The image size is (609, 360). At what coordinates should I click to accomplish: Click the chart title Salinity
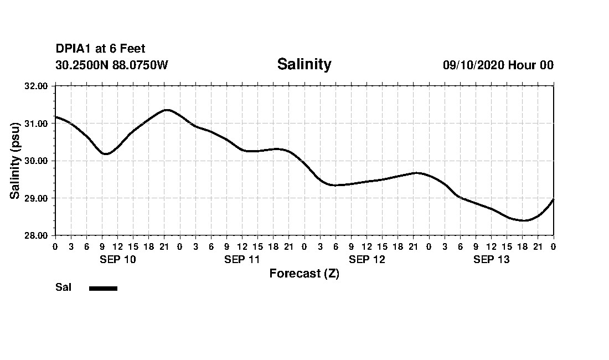304,64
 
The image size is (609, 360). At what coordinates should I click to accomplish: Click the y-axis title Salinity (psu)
16,161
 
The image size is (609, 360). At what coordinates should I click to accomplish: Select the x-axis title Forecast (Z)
304,274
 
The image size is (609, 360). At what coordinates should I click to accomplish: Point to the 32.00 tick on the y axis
37,86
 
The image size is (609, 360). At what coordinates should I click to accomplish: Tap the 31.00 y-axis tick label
37,124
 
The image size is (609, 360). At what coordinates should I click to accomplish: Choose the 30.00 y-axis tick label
37,161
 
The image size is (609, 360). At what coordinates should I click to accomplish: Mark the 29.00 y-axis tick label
37,198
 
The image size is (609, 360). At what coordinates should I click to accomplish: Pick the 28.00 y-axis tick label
37,235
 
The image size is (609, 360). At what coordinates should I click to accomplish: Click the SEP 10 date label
117,260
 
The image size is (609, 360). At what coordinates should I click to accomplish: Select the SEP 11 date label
242,260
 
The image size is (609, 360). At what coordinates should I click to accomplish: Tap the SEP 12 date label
367,260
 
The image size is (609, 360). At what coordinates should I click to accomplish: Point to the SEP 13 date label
491,260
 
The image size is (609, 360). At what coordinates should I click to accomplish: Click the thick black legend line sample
103,288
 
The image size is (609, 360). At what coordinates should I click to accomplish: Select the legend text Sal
63,287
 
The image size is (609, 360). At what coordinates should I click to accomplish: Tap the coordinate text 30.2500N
82,65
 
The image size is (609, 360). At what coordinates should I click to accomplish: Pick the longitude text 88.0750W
140,65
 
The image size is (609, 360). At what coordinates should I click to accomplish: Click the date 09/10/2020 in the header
473,65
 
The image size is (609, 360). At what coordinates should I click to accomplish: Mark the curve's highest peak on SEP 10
167,110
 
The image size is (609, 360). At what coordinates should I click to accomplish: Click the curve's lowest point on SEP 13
523,220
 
